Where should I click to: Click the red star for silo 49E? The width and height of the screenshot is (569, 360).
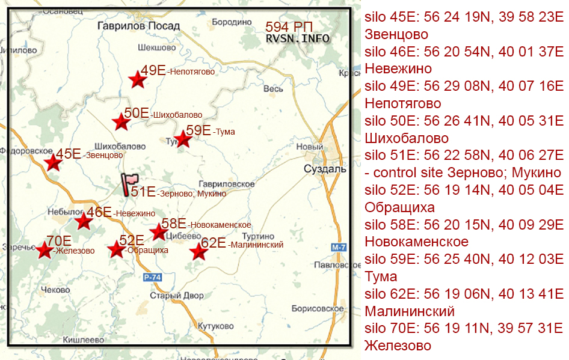coord(138,79)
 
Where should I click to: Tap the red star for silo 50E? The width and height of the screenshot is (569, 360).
coord(121,122)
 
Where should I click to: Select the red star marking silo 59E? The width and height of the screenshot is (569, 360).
coord(182,139)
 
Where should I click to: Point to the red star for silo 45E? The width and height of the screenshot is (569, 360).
coord(54,162)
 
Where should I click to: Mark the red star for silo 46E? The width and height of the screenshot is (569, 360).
coord(84,221)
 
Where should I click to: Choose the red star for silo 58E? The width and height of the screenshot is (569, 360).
coord(158,231)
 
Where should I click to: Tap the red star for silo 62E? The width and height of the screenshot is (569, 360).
coord(198,252)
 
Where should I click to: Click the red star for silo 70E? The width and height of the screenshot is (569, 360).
coord(45,249)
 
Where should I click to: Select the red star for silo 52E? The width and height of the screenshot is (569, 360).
coord(116,249)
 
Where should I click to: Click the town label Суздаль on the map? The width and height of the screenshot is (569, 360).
coord(325,169)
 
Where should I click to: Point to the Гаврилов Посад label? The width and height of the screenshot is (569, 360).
coord(138,26)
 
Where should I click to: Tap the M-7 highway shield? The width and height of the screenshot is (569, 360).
coord(339,247)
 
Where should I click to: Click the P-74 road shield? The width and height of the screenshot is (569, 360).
coord(153,277)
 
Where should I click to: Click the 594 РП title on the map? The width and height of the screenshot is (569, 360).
coord(289,27)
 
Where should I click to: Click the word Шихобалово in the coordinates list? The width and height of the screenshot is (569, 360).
coord(407,138)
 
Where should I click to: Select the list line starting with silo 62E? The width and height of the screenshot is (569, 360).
coord(464,294)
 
